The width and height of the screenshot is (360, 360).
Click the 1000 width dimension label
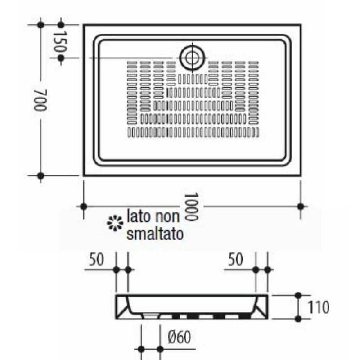191,207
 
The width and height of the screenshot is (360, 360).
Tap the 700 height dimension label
40,100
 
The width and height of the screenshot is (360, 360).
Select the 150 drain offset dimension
60,41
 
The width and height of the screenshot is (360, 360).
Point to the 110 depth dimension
318,307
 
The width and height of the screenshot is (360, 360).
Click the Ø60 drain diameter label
179,337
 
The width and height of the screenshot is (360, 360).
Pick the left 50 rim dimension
96,260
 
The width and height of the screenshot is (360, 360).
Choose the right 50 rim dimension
235,260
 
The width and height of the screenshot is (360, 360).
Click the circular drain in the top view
192,58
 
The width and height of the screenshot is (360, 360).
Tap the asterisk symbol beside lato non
115,223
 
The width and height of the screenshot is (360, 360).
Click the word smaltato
155,234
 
